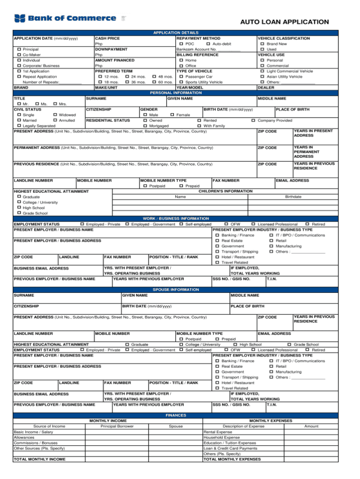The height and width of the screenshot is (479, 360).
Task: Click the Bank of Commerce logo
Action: [66, 19]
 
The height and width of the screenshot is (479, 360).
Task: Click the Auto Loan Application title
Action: [285, 22]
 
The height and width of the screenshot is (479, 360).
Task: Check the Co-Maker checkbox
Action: [19, 55]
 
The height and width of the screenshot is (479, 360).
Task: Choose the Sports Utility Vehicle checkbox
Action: [181, 82]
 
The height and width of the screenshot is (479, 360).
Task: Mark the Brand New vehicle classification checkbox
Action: [262, 44]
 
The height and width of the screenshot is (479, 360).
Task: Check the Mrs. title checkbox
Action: [56, 104]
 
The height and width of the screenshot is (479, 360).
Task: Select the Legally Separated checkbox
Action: [19, 126]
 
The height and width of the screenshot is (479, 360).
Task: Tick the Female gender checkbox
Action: [172, 115]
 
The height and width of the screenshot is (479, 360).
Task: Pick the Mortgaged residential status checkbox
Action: [145, 126]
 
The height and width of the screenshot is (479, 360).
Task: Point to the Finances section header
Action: [176, 415]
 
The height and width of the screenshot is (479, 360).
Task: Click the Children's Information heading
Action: [225, 191]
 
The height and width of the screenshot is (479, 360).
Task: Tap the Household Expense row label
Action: [218, 437]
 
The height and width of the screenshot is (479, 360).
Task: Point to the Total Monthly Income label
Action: [39, 459]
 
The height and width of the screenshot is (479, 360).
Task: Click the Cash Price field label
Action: [107, 38]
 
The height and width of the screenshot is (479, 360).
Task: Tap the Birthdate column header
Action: [293, 197]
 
